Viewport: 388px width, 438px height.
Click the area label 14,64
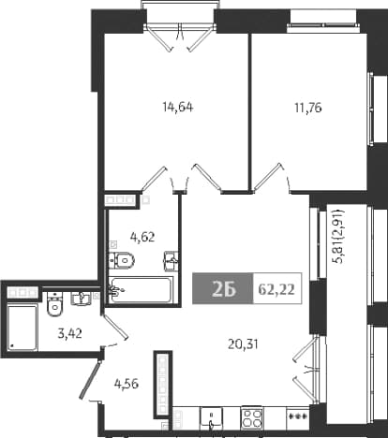click(x=178, y=107)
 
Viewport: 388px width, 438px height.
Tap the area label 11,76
click(x=308, y=108)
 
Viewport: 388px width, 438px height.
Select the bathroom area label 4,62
click(x=142, y=237)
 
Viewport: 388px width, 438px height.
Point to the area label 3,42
click(x=69, y=334)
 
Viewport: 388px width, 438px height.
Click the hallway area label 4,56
click(x=127, y=384)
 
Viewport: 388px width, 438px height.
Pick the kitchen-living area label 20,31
click(x=243, y=344)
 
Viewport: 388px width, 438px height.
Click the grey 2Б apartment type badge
click(x=222, y=288)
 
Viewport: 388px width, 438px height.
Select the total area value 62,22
click(x=276, y=290)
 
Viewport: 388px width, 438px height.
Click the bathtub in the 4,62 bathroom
click(x=142, y=289)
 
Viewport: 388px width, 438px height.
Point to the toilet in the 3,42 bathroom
click(x=54, y=304)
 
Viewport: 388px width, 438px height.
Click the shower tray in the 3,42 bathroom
click(x=22, y=328)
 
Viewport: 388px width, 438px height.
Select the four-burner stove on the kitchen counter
click(x=251, y=418)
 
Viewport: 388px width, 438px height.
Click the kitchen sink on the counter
click(x=211, y=417)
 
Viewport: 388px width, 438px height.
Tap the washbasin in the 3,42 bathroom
click(x=82, y=299)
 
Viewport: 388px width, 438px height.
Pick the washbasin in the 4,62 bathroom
click(x=172, y=260)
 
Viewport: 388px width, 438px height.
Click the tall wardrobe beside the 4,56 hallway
click(x=163, y=385)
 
